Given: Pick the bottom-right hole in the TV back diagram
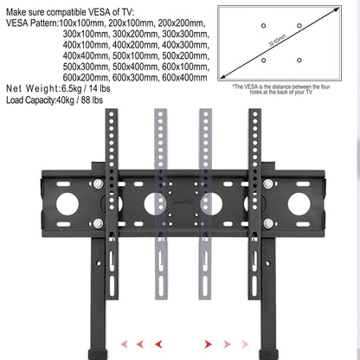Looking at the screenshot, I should coord(299,59).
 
